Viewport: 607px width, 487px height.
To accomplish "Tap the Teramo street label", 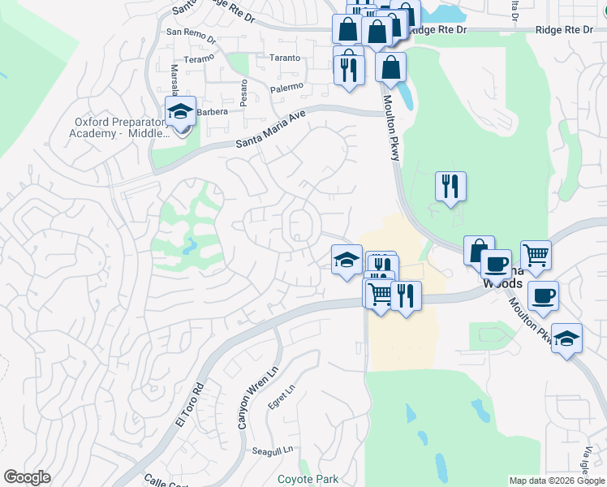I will (x=198, y=59).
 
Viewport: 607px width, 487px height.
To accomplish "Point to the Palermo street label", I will (x=287, y=86).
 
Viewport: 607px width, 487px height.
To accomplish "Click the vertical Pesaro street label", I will (x=243, y=82).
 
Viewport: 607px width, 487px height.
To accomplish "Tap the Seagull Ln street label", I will (x=271, y=451).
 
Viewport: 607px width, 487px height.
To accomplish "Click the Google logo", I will (x=27, y=477).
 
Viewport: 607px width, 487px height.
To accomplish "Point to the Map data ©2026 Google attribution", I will (x=556, y=481).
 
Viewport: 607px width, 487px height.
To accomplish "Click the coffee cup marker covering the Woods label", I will (x=495, y=265).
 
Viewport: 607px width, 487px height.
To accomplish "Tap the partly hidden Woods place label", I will (x=499, y=284).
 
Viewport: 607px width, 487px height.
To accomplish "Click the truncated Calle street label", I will (x=157, y=481).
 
